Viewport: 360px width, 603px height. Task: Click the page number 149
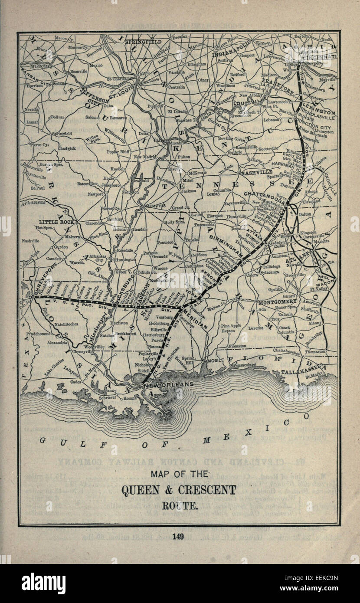tap(178, 537)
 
